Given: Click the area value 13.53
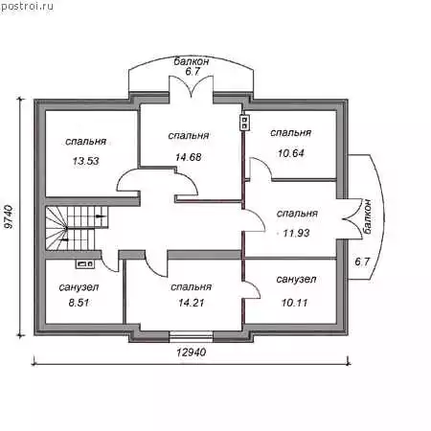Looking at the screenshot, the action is pos(85,161).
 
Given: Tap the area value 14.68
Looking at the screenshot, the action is pos(189,157).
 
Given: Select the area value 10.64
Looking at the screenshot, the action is pos(291,153).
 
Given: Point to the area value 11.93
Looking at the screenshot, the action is pos(296,233).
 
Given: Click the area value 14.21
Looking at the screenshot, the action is pos(192,303).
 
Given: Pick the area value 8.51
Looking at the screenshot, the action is pos(79,303).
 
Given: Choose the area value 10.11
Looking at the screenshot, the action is pos(294,303).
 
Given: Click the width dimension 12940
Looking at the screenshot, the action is pos(192,352).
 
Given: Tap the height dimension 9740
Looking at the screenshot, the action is pos(10,216).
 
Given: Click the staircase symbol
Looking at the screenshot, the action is pos(77,228).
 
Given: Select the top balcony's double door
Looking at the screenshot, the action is pos(192,86).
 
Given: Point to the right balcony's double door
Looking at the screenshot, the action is pos(352,219).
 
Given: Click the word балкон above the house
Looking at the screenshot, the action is pos(192,61).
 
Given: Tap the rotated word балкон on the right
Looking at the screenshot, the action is pos(368,216).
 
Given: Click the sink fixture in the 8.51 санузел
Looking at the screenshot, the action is pos(84,263).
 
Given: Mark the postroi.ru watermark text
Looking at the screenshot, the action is pos(27,6).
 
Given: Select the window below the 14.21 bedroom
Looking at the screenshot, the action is pos(191,337).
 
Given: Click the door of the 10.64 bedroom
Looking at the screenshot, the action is pos(261,169).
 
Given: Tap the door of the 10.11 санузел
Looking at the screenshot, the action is pos(251,289).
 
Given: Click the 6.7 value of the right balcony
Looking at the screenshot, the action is pos(362,261).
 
